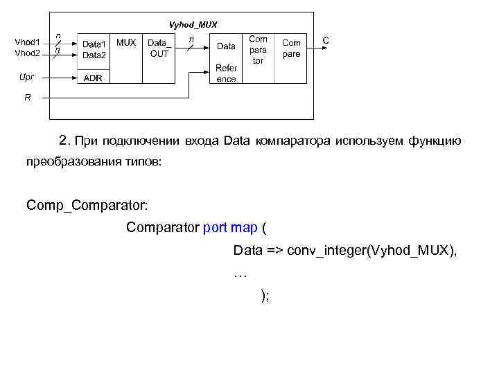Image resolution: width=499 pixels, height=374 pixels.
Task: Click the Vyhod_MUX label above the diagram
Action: click(193, 24)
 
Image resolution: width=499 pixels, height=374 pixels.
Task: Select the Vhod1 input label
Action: click(28, 42)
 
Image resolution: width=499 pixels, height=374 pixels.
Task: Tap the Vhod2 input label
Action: click(28, 53)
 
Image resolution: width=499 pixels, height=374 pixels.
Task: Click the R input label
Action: click(28, 98)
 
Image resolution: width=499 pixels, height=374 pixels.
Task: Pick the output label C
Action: click(326, 41)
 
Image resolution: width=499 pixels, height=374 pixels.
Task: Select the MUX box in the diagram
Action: click(125, 42)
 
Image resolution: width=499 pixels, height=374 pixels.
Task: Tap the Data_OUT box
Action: click(159, 48)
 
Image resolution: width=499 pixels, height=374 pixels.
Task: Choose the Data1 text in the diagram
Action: click(94, 43)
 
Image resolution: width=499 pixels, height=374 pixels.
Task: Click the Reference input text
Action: click(226, 73)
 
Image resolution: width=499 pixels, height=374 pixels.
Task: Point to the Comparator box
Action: click(258, 50)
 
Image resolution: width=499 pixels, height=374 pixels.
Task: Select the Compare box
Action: click(291, 48)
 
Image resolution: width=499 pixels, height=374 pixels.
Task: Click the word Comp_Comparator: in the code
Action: click(87, 205)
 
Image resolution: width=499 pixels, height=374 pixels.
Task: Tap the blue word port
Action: click(217, 227)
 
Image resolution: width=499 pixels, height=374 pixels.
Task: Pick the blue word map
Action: click(245, 227)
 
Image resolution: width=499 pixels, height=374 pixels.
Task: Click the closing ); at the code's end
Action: click(265, 296)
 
